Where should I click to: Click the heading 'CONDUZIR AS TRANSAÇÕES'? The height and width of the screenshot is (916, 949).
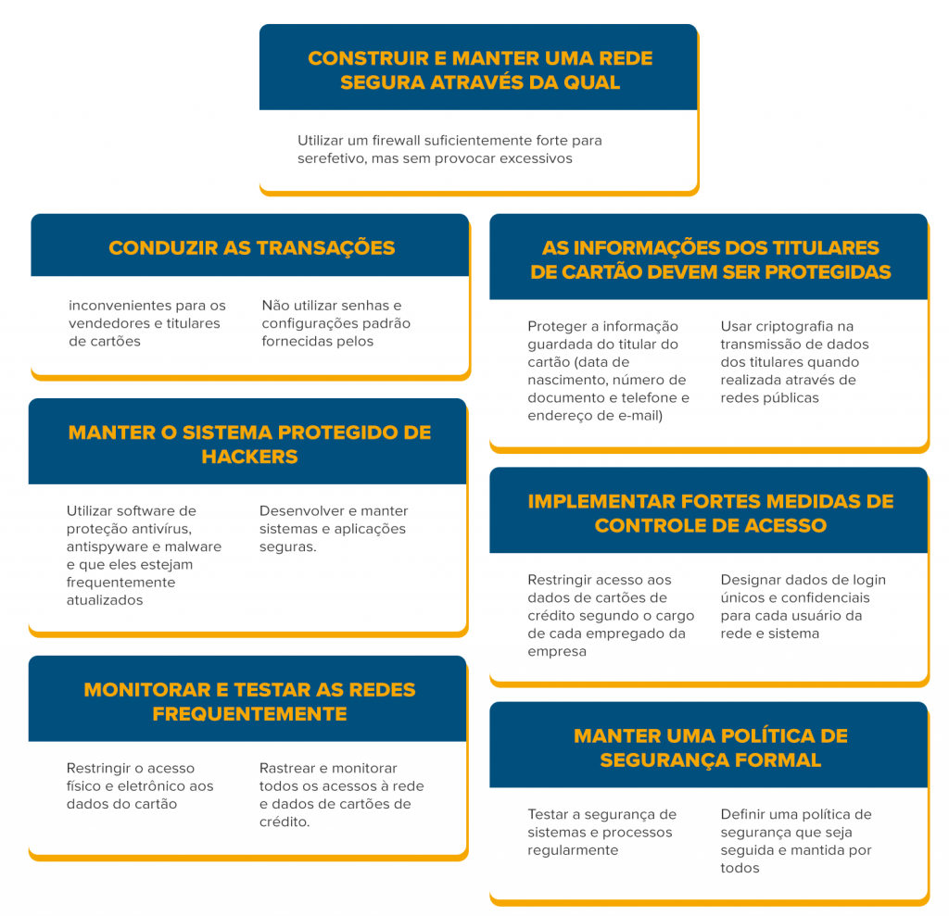click(x=252, y=247)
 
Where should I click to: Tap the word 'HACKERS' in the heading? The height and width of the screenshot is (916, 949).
click(x=249, y=457)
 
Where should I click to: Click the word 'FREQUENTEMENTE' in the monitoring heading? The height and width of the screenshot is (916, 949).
click(x=249, y=714)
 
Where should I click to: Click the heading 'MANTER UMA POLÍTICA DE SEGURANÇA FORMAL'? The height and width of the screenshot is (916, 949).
click(x=711, y=747)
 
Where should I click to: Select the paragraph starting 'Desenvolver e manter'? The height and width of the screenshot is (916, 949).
click(x=334, y=529)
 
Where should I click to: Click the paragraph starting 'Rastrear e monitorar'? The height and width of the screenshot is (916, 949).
click(x=341, y=795)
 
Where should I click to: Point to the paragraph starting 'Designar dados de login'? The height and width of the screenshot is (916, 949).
click(x=803, y=607)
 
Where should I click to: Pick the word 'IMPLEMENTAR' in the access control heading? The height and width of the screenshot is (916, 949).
click(x=601, y=501)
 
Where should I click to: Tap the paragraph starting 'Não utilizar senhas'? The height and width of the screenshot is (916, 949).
click(x=335, y=323)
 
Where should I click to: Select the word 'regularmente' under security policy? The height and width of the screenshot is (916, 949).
click(x=573, y=850)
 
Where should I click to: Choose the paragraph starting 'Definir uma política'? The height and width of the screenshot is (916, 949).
click(x=796, y=841)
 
